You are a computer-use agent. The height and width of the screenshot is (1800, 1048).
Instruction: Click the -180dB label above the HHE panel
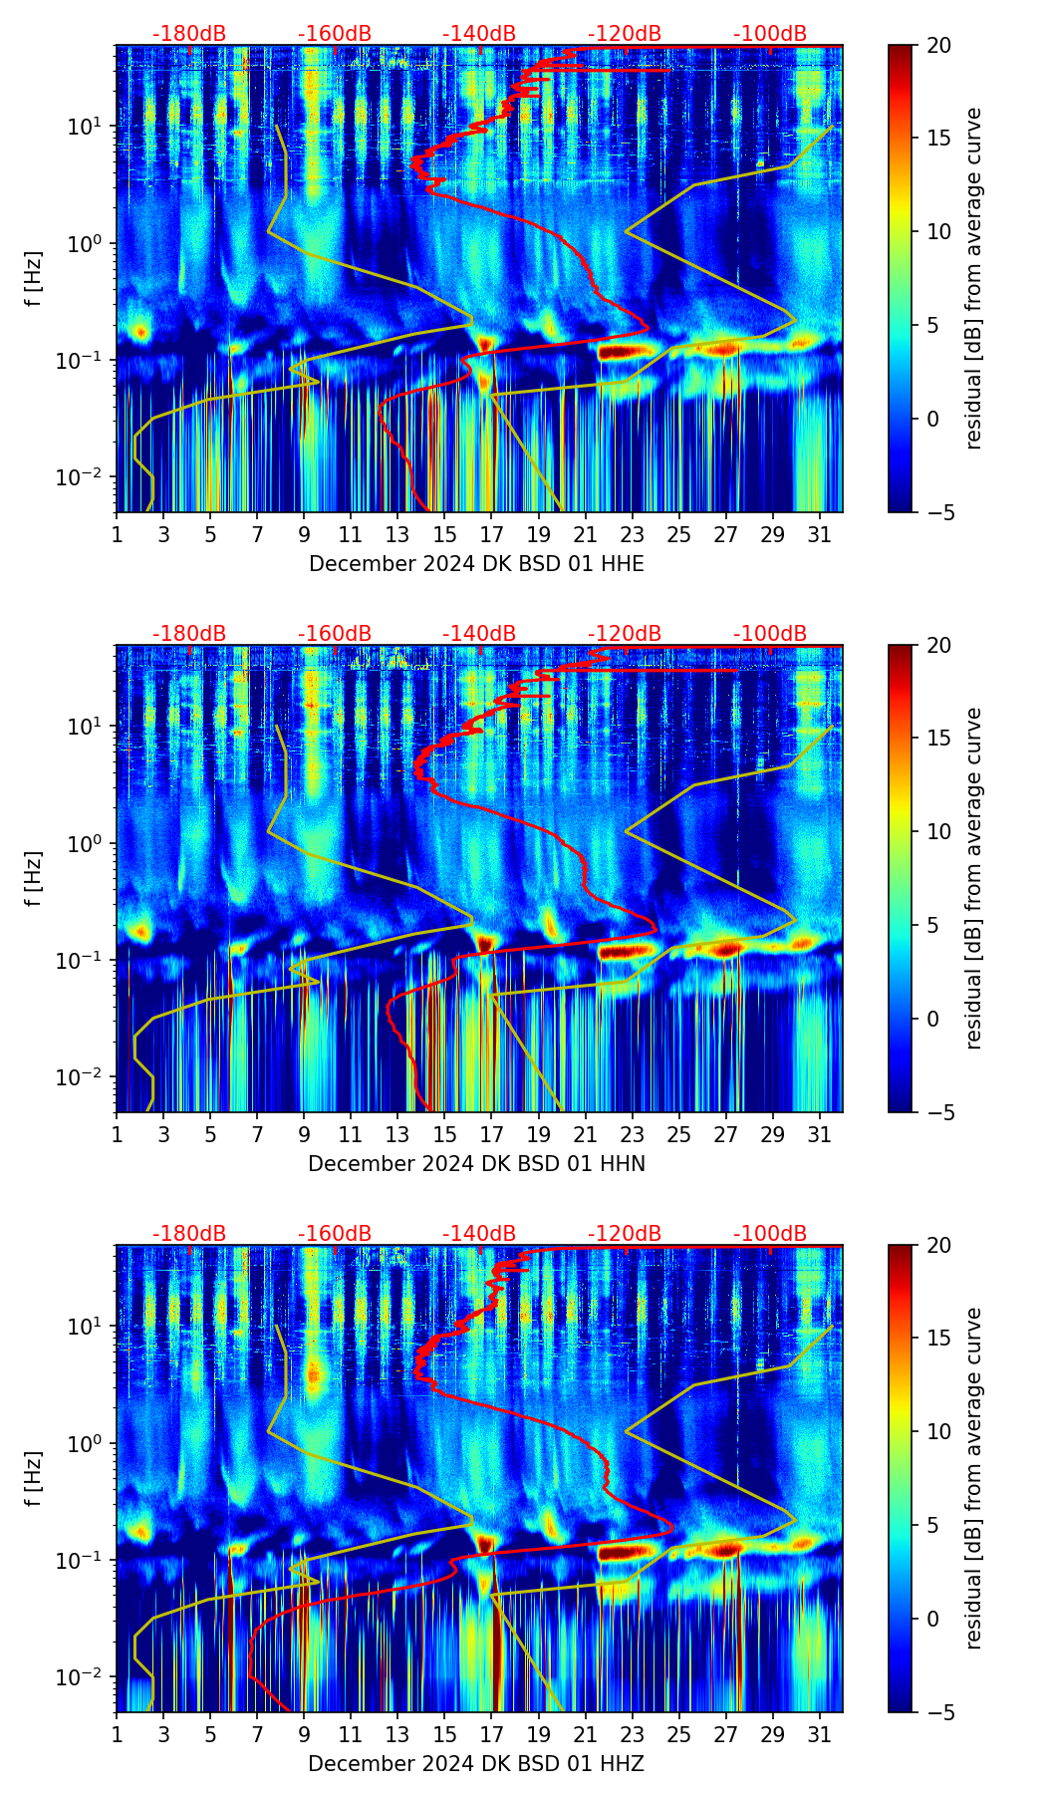pos(189,34)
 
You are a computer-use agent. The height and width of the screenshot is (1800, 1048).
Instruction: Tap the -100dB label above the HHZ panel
pos(770,1234)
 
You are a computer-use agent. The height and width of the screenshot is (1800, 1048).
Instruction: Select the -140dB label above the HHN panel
pos(479,634)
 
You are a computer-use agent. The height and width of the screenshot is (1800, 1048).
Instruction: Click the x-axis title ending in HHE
pos(476,564)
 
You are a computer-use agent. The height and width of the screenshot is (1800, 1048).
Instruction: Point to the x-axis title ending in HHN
pos(476,1164)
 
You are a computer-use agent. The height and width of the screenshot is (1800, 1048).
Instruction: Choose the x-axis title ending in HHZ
pos(476,1764)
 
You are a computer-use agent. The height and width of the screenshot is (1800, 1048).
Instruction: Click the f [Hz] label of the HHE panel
pos(34,279)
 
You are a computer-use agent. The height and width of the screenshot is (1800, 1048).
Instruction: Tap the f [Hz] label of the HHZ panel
pos(34,1479)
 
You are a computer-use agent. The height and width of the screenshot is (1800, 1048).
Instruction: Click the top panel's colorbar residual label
pos(974,279)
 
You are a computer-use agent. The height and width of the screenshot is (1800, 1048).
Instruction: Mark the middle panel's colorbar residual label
pos(974,879)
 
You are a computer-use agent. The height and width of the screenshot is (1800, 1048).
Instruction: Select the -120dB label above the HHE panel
pos(625,34)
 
